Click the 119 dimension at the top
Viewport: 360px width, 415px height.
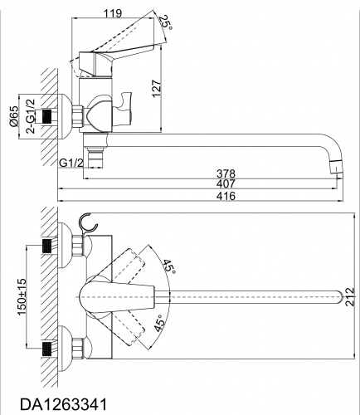pyautogui.click(x=113, y=13)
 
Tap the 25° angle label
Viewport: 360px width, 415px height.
pyautogui.click(x=167, y=22)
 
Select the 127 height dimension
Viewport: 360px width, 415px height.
pyautogui.click(x=156, y=89)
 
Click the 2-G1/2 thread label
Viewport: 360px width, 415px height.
pyautogui.click(x=32, y=116)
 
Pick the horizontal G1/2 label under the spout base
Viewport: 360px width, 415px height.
pyautogui.click(x=71, y=164)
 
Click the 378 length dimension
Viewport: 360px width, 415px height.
pyautogui.click(x=226, y=173)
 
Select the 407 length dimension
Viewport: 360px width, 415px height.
pyautogui.click(x=226, y=183)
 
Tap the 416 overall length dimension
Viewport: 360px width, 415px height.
pyautogui.click(x=226, y=196)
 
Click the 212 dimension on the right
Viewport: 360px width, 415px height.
pyautogui.click(x=350, y=297)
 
